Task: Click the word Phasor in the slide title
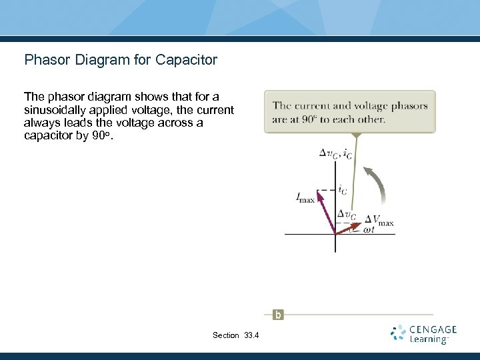click(x=46, y=60)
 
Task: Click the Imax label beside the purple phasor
click(x=305, y=197)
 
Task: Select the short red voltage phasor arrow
click(x=347, y=228)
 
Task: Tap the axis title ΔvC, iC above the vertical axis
click(x=335, y=153)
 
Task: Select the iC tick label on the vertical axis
click(x=341, y=190)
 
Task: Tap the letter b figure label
click(x=277, y=315)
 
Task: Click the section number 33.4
click(x=251, y=335)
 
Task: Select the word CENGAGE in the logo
click(x=433, y=329)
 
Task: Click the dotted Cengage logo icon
click(x=398, y=333)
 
